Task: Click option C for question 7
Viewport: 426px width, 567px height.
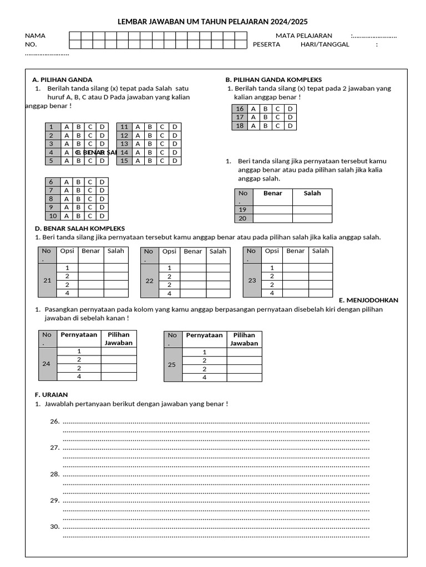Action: click(x=90, y=190)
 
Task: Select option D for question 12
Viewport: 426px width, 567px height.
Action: click(x=174, y=135)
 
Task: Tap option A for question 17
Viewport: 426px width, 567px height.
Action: click(x=253, y=117)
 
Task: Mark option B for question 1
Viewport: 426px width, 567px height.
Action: click(x=78, y=127)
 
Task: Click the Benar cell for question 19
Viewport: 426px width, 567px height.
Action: click(x=273, y=210)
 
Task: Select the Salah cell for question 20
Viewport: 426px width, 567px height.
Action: click(x=312, y=219)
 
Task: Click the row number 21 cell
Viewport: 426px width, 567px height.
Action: click(x=47, y=281)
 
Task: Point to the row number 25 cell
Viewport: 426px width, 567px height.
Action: click(x=172, y=365)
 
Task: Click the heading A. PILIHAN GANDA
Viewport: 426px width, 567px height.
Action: click(x=62, y=80)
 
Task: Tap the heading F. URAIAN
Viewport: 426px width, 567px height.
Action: click(x=51, y=395)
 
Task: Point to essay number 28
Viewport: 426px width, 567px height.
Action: click(x=54, y=474)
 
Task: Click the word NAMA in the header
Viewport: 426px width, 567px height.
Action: click(x=35, y=35)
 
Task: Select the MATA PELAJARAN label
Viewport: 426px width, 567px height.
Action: click(x=304, y=35)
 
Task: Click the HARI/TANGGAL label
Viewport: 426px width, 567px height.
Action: click(x=325, y=44)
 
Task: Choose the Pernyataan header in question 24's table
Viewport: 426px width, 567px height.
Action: click(x=79, y=335)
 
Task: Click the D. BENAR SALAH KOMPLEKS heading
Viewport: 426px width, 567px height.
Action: click(x=80, y=228)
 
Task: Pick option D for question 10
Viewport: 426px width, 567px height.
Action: click(x=102, y=216)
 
